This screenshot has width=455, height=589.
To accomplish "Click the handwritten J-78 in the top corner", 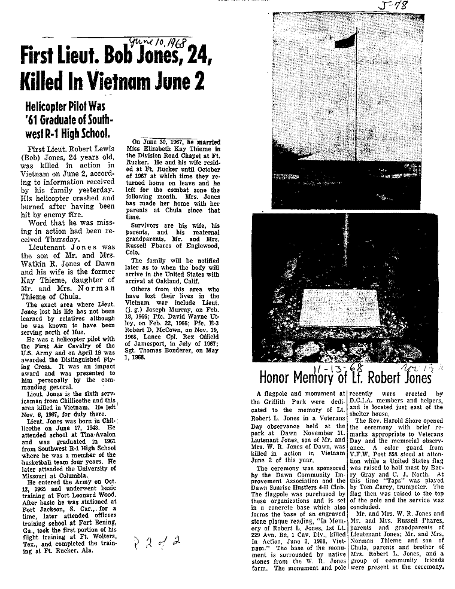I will click(395, 6).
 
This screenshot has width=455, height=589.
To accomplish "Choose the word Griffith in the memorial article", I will click(281, 401).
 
